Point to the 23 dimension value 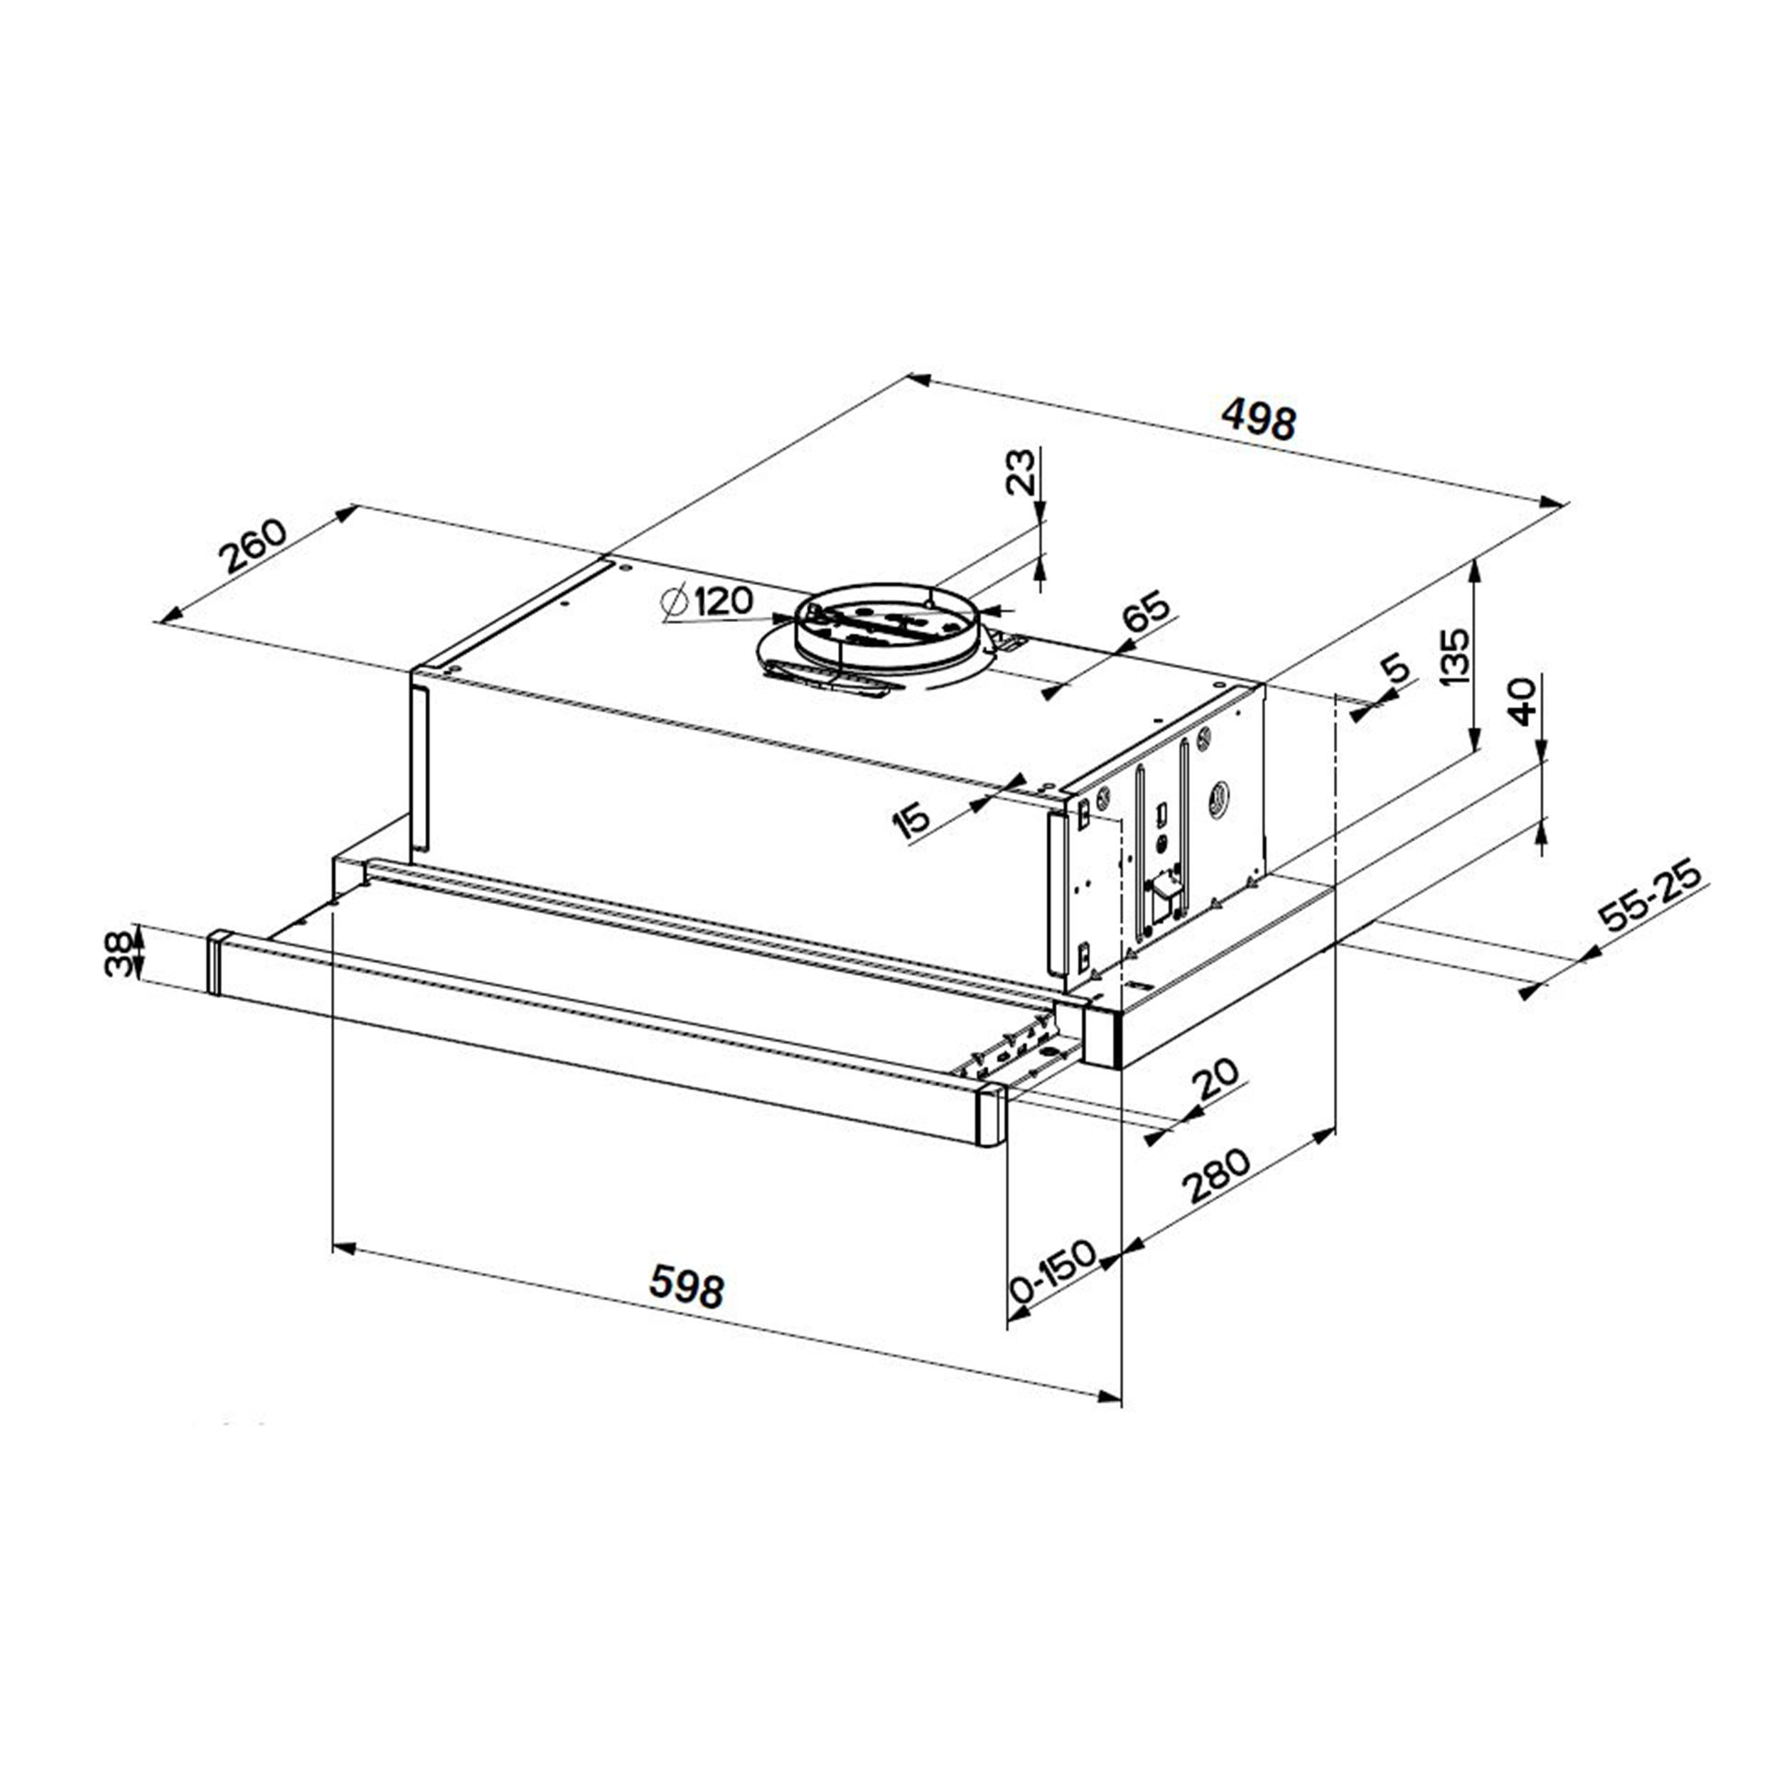click(1020, 472)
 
